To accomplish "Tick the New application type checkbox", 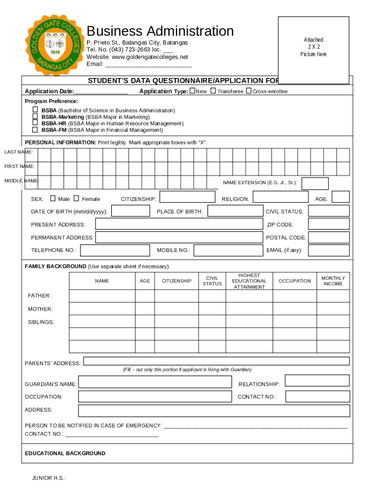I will tap(192, 91).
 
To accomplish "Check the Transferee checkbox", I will tap(213, 91).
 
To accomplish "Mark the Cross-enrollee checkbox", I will tap(249, 91).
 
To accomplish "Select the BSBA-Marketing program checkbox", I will tap(35, 116).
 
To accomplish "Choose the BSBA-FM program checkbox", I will tap(35, 129).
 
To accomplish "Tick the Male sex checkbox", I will tap(53, 199).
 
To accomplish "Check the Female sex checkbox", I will tap(76, 199).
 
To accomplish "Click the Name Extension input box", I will tap(315, 183).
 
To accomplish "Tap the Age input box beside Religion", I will tap(340, 197).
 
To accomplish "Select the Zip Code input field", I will tap(328, 224).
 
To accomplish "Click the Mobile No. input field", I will tap(227, 250).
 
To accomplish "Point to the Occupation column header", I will tap(294, 281).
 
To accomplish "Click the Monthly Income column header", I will tap(333, 281).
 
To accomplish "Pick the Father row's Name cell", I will tap(102, 296).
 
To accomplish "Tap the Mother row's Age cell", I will tap(145, 309).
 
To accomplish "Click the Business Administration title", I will tap(160, 31).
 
